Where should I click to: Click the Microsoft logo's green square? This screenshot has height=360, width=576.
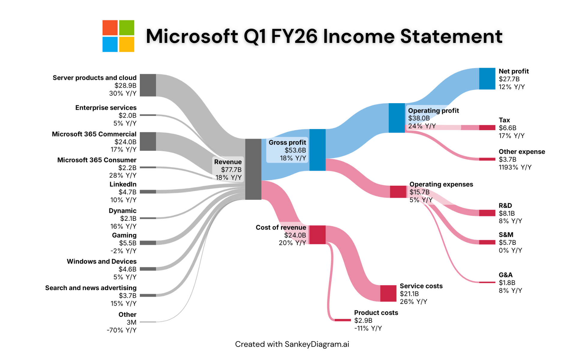pos(127,28)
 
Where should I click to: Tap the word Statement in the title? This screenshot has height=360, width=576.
pos(451,36)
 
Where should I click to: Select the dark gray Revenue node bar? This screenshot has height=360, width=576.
pos(253,169)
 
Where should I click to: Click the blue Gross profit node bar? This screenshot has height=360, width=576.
pos(317,150)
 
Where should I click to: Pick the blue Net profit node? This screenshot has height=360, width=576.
pos(487,79)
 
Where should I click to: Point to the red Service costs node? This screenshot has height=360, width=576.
pos(388,293)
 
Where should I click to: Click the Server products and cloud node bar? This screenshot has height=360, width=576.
pos(148,85)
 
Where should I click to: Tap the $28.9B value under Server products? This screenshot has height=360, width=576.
pos(125,85)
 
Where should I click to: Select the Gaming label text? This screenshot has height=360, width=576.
pos(124,235)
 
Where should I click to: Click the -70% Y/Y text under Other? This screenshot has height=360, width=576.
pos(121,330)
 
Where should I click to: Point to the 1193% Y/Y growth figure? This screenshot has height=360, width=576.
pos(515,167)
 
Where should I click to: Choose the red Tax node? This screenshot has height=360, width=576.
pos(487,127)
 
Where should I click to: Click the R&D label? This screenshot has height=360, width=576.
pos(505,205)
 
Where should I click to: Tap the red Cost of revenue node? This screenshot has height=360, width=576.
pos(317,235)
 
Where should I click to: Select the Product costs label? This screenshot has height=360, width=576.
pos(376,313)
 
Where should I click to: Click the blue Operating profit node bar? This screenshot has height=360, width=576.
pos(397,118)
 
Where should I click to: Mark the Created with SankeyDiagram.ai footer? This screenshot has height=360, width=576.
pos(292,344)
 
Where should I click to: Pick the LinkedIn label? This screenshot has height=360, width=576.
pos(123,184)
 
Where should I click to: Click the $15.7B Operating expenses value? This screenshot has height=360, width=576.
pos(419,192)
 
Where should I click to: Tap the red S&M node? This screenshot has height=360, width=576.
pos(487,242)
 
